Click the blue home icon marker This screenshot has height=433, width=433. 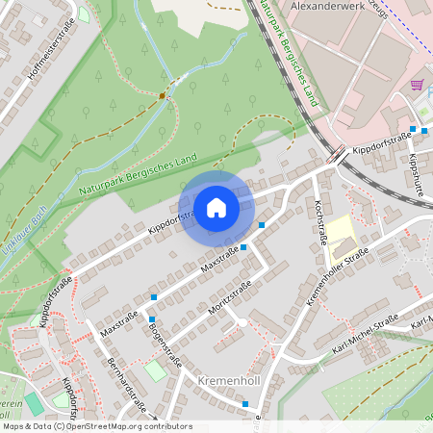[x=216, y=208]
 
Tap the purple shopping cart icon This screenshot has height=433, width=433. [x=417, y=85]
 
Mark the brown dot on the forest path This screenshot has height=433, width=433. [x=162, y=95]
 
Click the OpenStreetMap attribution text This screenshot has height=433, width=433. [x=96, y=426]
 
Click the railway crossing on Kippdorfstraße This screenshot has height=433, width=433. [x=338, y=154]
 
